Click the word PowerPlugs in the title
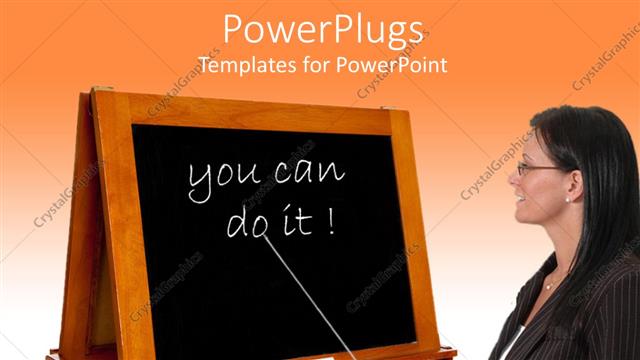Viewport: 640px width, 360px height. tap(322, 30)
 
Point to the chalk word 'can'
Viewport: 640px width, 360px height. tap(308, 174)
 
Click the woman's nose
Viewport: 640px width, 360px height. tap(513, 183)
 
